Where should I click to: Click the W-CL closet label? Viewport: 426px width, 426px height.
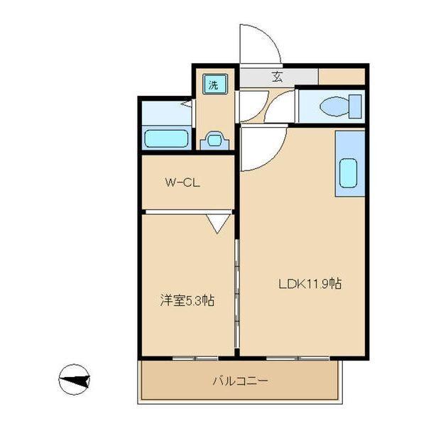coord(183,182)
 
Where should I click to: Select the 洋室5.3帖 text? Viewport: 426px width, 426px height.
coord(187,301)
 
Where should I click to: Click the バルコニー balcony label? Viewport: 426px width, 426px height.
coord(241,381)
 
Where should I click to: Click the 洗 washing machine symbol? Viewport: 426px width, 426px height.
coord(213,84)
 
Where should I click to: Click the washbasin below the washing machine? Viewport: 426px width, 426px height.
coord(214,140)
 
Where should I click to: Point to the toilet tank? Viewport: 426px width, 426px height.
coord(354,106)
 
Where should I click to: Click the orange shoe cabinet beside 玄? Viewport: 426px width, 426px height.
coord(342,76)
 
